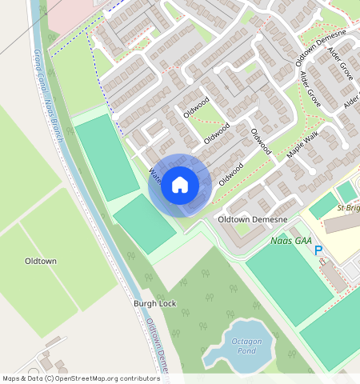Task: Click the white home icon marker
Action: (180, 185)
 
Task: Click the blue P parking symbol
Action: (318, 250)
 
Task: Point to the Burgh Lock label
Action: (154, 305)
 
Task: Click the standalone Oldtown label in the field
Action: (40, 262)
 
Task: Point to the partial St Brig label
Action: (347, 210)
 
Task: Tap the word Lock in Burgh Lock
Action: (167, 305)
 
